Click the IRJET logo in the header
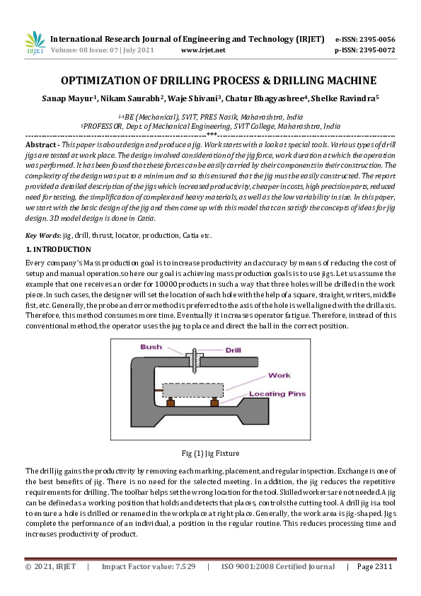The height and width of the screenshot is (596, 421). coord(35,43)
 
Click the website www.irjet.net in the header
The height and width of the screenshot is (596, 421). coord(203,50)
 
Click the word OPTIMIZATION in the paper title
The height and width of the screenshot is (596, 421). coord(105,81)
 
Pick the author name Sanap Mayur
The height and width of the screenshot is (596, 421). coord(67,98)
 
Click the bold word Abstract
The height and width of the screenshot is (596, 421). coord(41,143)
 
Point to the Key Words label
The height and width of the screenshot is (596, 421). coord(42,234)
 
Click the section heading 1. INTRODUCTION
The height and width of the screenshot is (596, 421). coord(58,249)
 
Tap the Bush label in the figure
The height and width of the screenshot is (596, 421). coord(151,348)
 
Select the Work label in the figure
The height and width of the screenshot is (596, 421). coord(279,375)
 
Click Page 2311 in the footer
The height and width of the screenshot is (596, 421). coord(374,566)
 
